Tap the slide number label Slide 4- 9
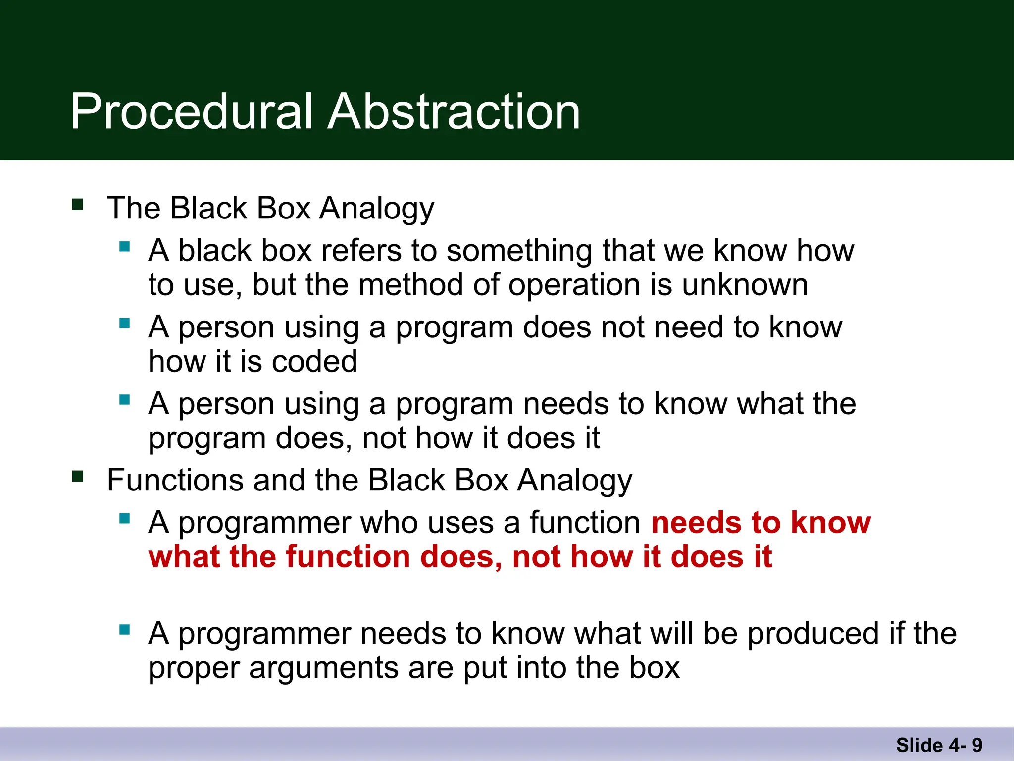click(x=939, y=745)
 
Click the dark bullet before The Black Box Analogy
click(x=77, y=204)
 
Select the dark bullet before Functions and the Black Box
click(x=77, y=477)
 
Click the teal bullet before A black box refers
click(x=124, y=246)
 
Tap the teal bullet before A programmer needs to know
click(x=124, y=630)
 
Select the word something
click(x=519, y=251)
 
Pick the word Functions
click(x=174, y=481)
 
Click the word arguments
click(x=323, y=668)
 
